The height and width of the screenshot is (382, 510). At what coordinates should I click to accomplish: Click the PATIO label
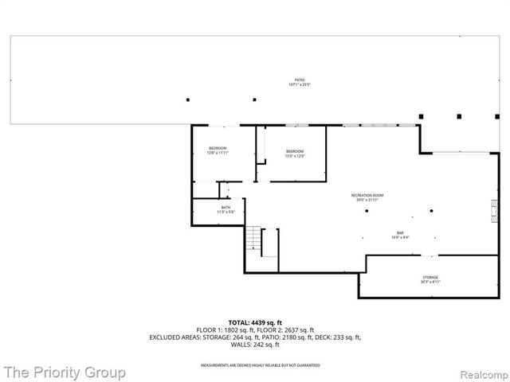pyautogui.click(x=300, y=81)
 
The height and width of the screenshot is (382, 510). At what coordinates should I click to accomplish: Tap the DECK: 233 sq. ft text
pyautogui.click(x=339, y=337)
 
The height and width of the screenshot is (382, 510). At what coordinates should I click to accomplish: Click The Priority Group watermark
pyautogui.click(x=64, y=372)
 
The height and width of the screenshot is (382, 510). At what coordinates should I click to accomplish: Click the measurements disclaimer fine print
pyautogui.click(x=254, y=364)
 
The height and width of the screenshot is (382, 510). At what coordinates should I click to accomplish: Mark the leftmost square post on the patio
pyautogui.click(x=188, y=99)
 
